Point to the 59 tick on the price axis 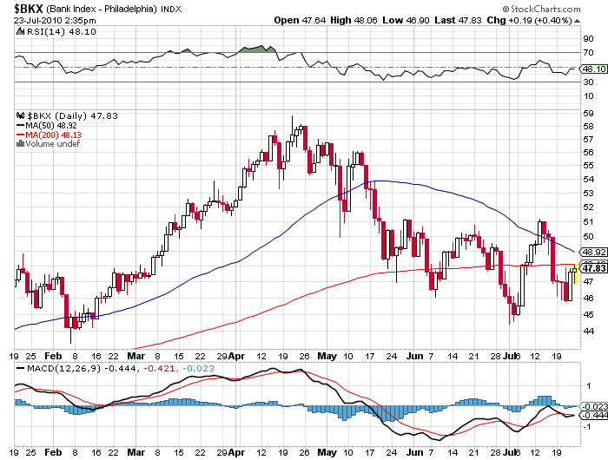[588, 113]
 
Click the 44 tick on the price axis [588, 332]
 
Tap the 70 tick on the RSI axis [588, 53]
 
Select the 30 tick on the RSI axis [588, 82]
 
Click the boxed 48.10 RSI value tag [594, 69]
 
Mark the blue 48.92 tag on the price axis [594, 251]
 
